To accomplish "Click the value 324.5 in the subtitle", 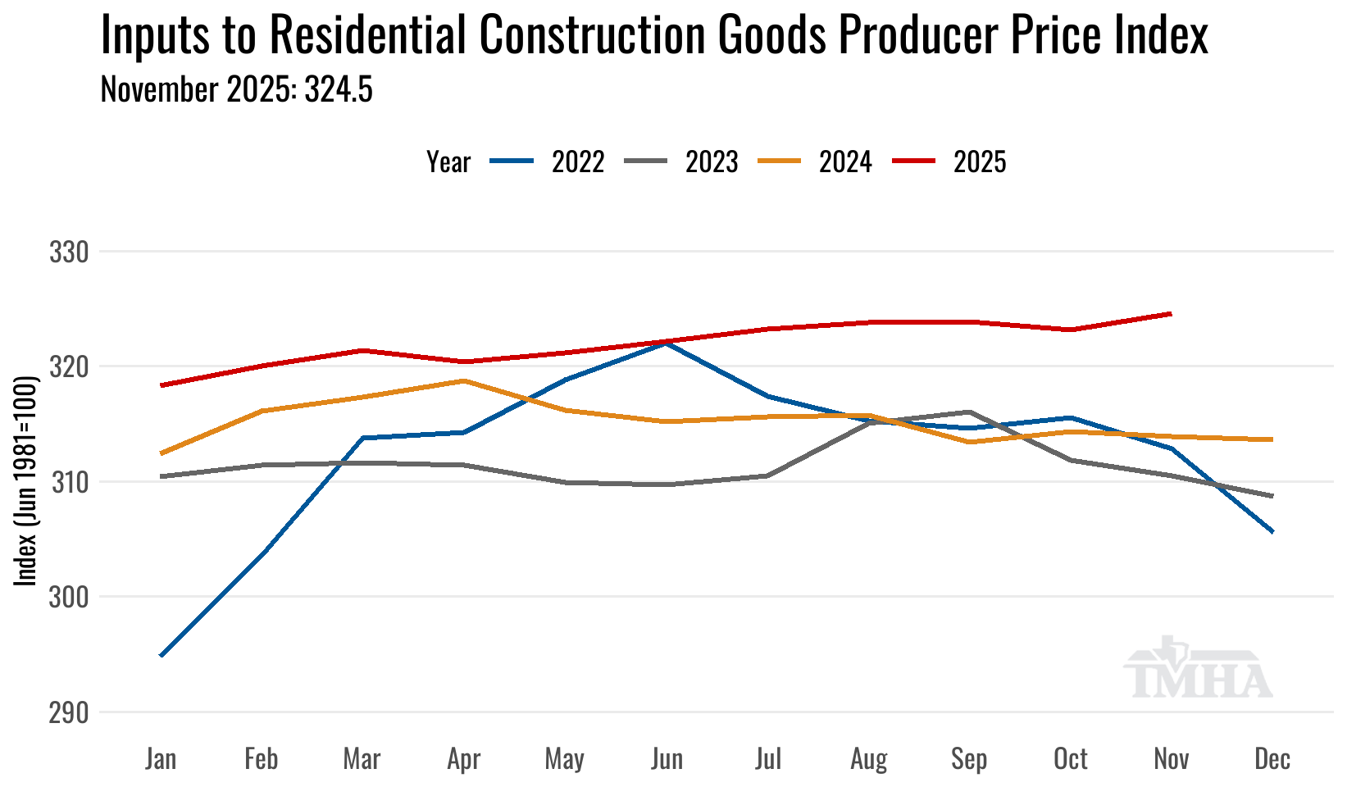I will coord(339,89).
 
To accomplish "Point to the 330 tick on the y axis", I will coord(69,252).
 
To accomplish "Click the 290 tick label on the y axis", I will coord(69,712).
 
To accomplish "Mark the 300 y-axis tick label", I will coord(69,597).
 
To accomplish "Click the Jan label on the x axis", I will coord(161,759).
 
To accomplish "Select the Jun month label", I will coord(667,759).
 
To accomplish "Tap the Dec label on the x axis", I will coord(1272,759).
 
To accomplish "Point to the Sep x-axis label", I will coord(969,759).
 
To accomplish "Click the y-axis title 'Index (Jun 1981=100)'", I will coord(26,481).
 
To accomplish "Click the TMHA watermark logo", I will coord(1197,668).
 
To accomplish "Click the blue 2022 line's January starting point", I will coord(162,656).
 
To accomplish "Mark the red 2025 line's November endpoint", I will coord(1171,313).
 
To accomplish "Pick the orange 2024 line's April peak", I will coord(464,380).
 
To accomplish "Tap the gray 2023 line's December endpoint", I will coord(1272,496).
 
